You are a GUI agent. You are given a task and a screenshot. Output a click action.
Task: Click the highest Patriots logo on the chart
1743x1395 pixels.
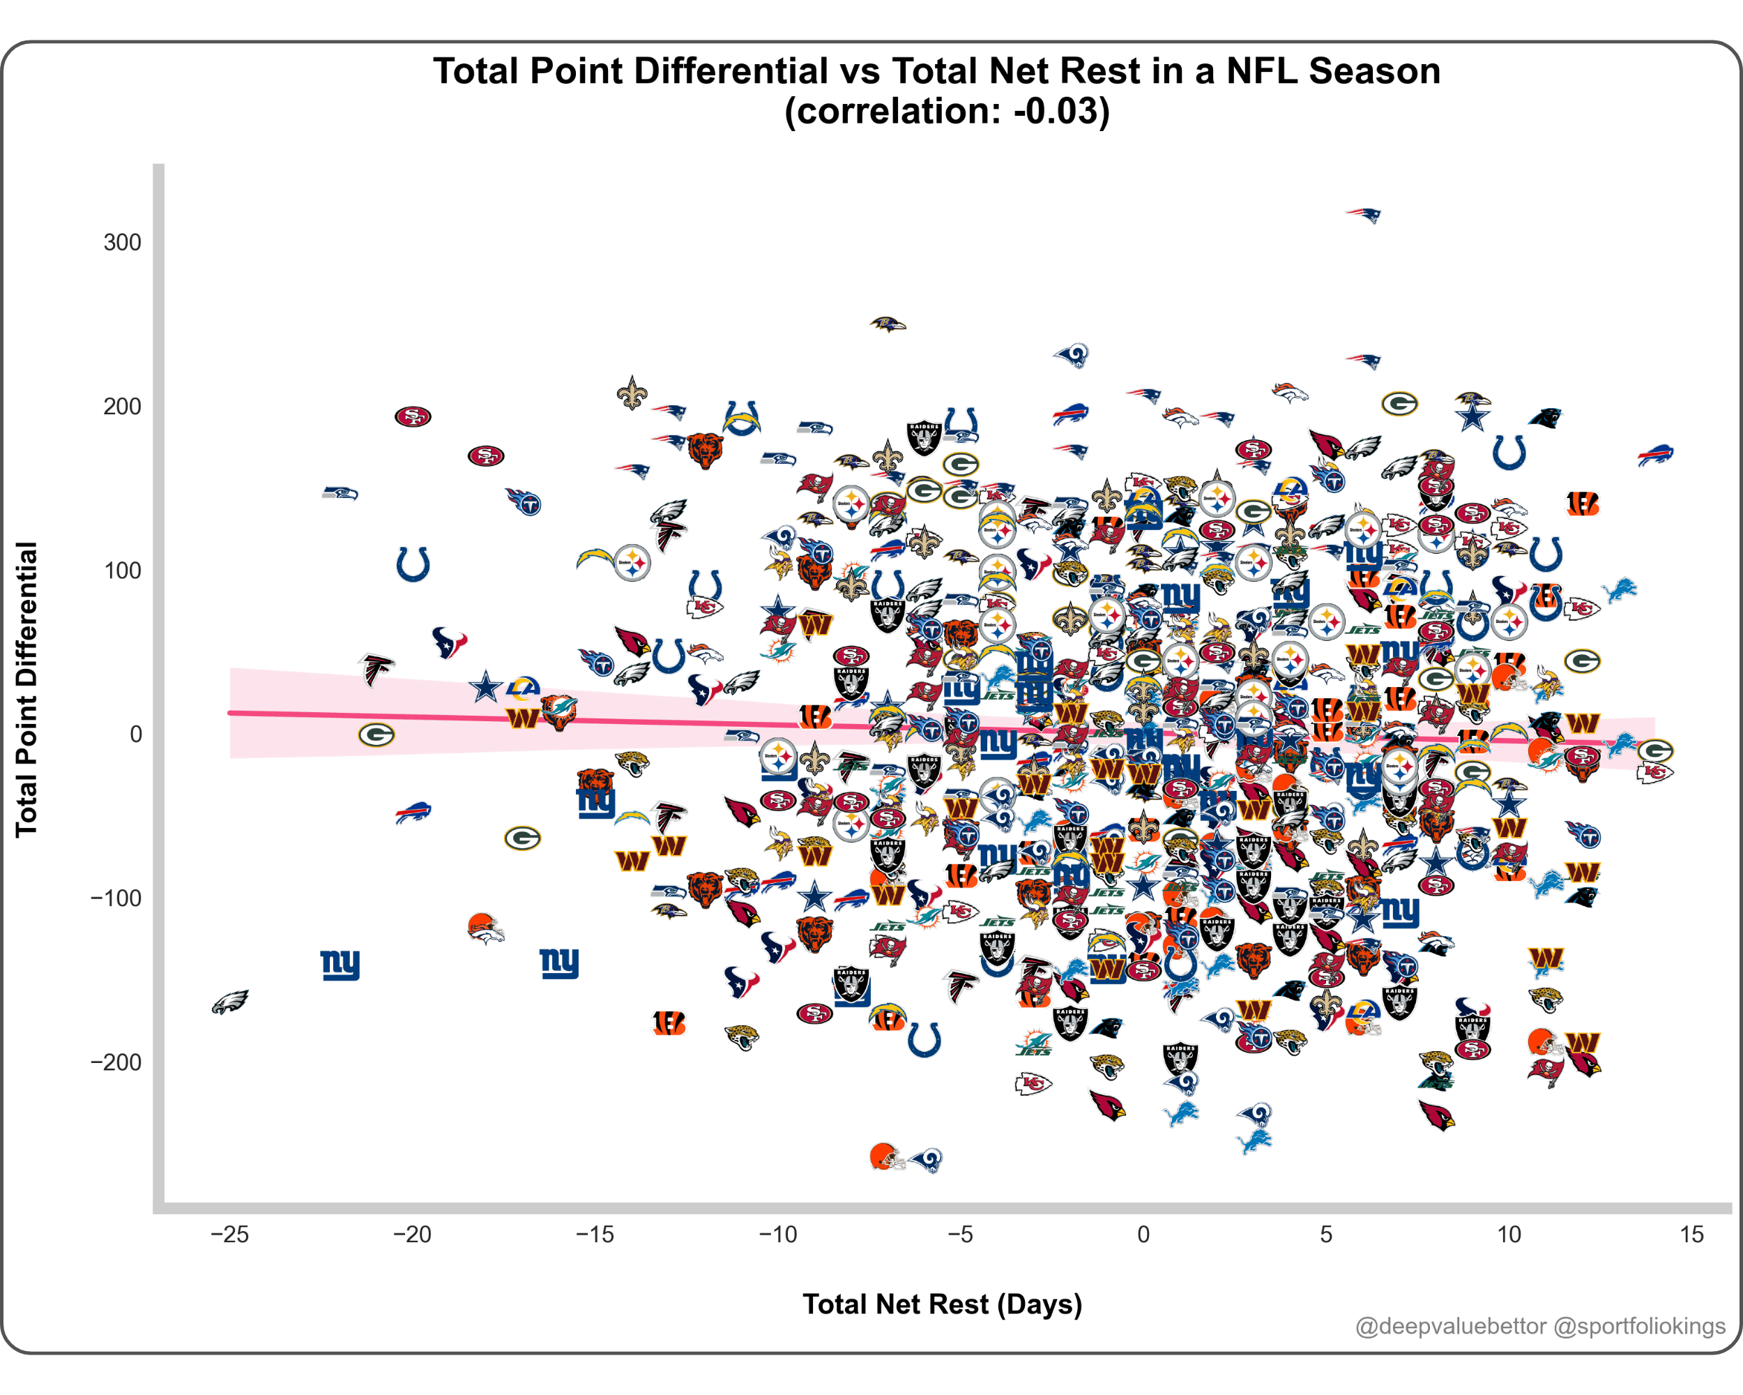click(x=1363, y=215)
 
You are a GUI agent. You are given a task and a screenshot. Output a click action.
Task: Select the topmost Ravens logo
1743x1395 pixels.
click(x=888, y=325)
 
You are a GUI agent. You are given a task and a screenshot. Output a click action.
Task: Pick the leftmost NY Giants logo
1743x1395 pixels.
click(x=340, y=964)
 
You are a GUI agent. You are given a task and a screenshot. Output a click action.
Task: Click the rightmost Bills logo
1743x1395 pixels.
click(x=1655, y=455)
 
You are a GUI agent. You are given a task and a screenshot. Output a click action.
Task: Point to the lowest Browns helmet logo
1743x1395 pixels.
click(x=886, y=1157)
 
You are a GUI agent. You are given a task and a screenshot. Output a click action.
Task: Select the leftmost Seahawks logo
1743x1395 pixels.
click(x=340, y=492)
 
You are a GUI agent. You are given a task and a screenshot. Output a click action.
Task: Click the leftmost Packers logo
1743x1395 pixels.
click(x=376, y=734)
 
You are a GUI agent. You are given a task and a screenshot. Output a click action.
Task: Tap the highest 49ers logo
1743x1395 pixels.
click(x=412, y=416)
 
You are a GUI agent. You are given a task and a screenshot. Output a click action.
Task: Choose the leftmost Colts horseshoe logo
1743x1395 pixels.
click(x=412, y=564)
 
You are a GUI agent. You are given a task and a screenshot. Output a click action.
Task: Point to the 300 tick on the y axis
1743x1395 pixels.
click(x=122, y=243)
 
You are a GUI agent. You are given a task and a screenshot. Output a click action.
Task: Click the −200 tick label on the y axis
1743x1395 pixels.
click(x=116, y=1062)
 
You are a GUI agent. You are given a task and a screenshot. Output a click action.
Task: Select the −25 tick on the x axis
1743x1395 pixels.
click(x=229, y=1234)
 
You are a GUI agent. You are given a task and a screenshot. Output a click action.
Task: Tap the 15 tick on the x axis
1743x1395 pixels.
click(x=1691, y=1234)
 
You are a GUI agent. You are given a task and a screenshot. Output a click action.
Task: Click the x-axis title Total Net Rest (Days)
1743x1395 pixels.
click(x=942, y=1304)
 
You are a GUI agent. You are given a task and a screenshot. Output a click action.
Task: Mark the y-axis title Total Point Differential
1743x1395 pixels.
click(x=26, y=689)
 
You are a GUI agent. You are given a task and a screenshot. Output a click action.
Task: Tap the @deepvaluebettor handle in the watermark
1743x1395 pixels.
click(x=1450, y=1326)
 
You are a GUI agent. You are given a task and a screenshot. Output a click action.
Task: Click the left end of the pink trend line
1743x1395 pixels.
click(x=231, y=712)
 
